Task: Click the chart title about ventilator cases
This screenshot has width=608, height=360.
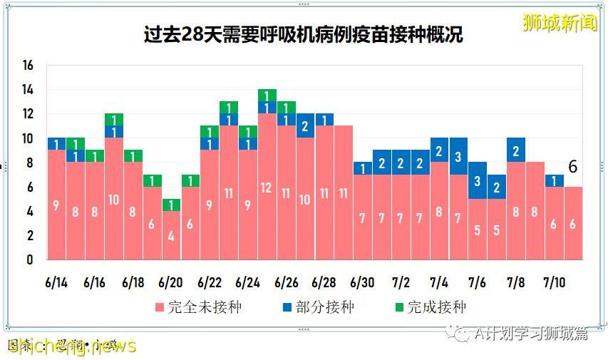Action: click(x=303, y=34)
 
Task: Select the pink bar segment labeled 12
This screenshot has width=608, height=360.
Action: click(x=267, y=187)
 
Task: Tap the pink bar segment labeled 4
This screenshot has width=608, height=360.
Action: click(x=170, y=235)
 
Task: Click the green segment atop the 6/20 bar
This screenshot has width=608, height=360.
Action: click(x=170, y=205)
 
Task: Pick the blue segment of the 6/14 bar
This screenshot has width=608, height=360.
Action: click(x=56, y=144)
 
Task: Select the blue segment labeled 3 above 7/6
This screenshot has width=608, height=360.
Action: click(x=478, y=180)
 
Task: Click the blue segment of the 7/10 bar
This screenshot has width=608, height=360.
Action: click(x=555, y=180)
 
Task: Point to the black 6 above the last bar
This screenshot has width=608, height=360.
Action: click(x=572, y=167)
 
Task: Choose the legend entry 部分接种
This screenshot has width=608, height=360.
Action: click(x=318, y=307)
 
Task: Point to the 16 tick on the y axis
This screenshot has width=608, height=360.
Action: click(x=28, y=66)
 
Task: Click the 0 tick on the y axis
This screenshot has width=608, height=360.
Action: click(x=30, y=260)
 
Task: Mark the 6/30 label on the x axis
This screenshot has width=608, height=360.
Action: click(x=362, y=282)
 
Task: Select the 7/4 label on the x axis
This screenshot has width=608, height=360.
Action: click(x=439, y=282)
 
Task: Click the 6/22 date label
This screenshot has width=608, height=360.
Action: click(x=209, y=282)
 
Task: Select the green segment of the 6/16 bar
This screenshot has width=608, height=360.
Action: click(x=113, y=119)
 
